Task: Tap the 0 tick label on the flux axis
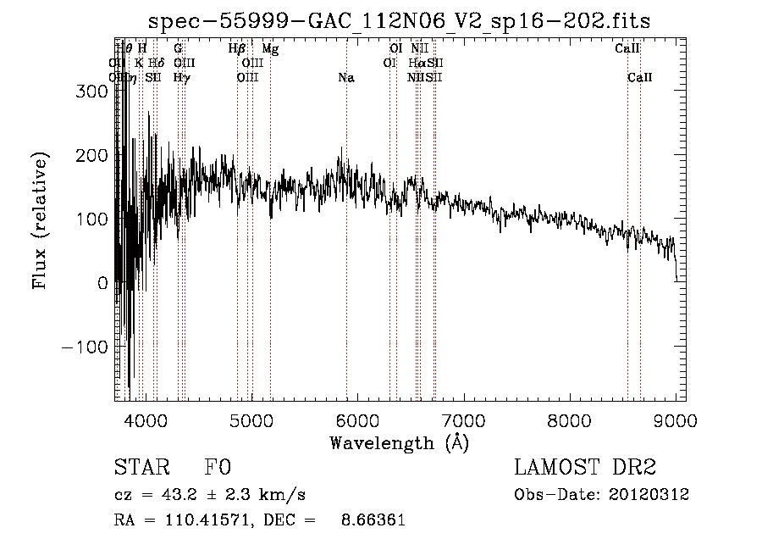102,283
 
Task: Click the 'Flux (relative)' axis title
41,219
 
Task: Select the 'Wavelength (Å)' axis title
399,442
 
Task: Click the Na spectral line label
345,78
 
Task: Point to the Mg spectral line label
270,49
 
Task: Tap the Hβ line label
237,49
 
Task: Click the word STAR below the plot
141,468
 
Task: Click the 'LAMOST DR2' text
584,468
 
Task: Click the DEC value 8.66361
376,520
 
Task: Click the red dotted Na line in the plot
346,254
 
